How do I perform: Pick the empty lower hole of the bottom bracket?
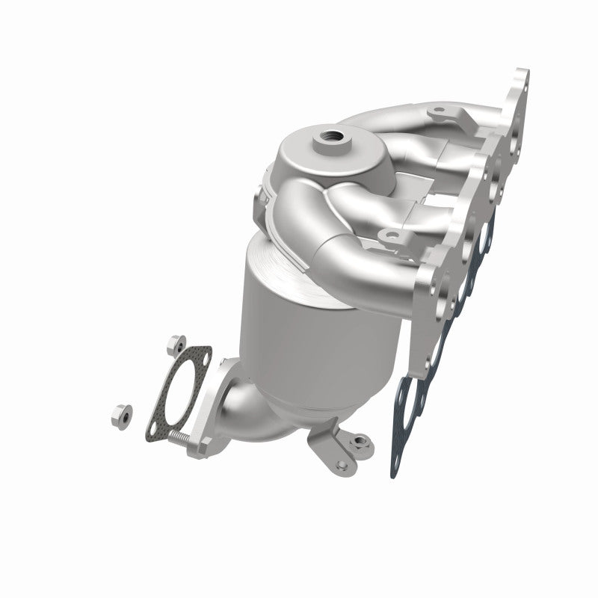pyautogui.click(x=342, y=466)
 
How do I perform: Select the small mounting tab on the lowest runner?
pyautogui.click(x=388, y=238)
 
